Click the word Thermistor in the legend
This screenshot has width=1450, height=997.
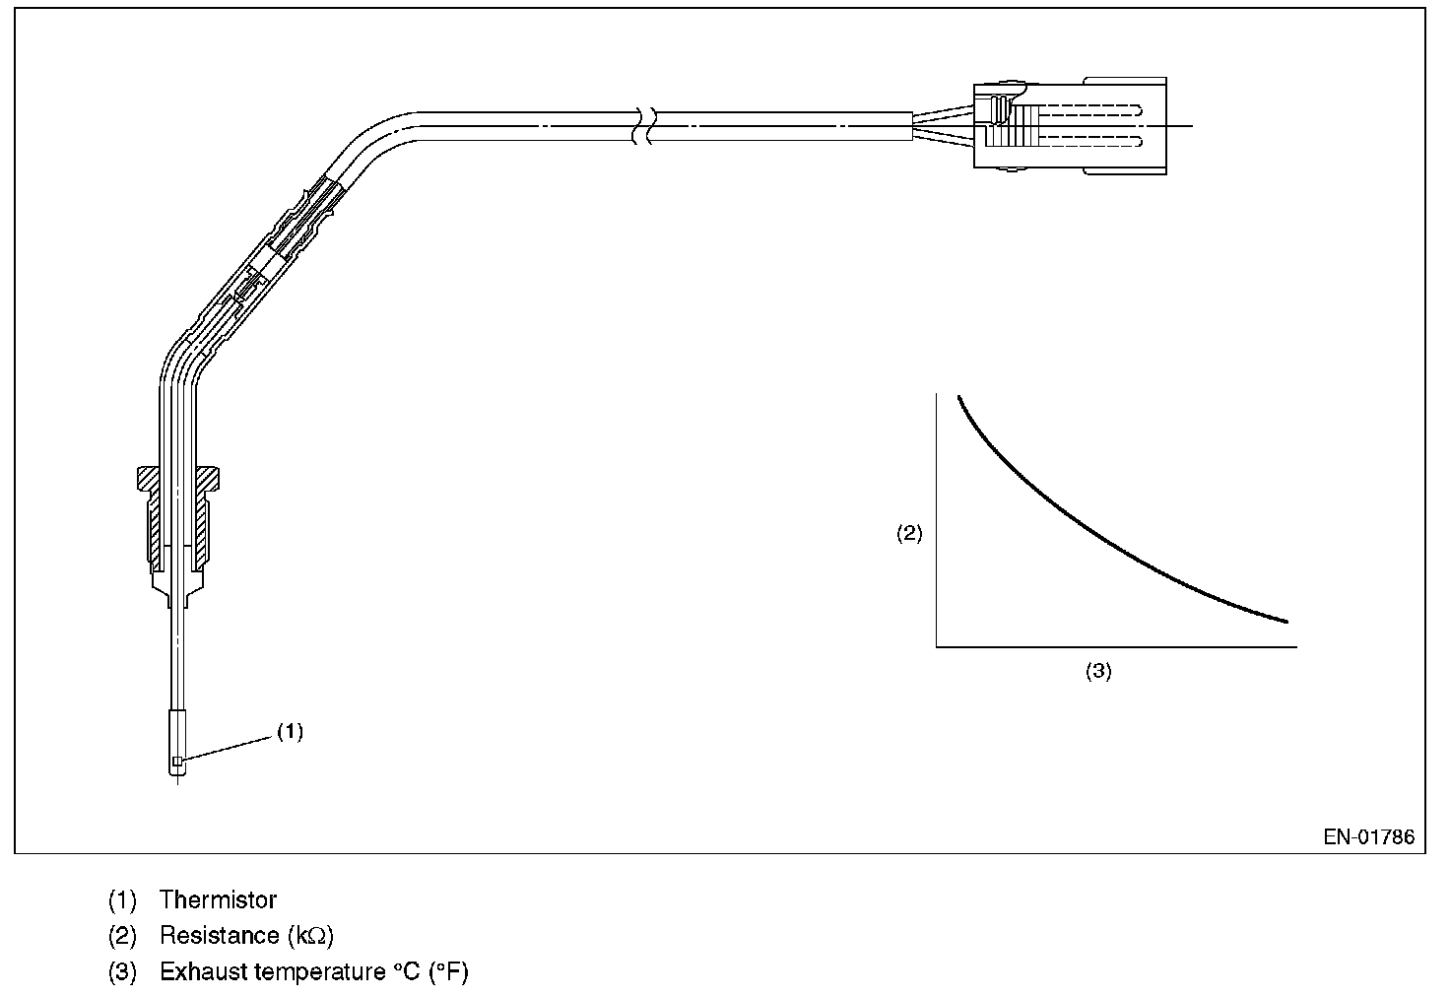click(218, 899)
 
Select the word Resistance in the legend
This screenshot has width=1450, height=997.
click(219, 935)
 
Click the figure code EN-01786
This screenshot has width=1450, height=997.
click(1368, 837)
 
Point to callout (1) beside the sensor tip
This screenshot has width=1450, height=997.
click(290, 731)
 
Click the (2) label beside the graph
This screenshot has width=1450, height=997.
click(908, 534)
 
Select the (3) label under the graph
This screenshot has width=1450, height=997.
click(1098, 671)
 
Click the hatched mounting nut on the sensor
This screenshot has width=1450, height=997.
click(178, 517)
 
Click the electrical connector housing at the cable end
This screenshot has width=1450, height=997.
click(1069, 126)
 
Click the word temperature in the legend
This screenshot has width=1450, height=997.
click(317, 972)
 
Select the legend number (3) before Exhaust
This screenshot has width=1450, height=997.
click(122, 972)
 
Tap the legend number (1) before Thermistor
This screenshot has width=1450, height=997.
click(122, 899)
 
